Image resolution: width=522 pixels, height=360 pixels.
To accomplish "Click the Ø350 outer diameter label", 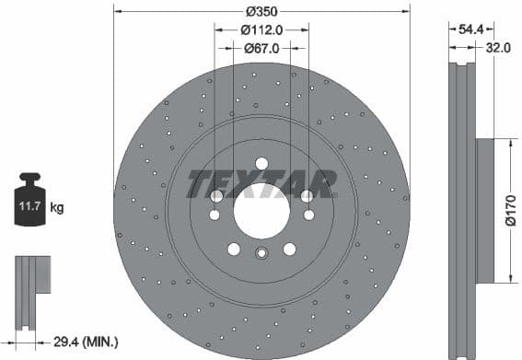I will [x=261, y=12].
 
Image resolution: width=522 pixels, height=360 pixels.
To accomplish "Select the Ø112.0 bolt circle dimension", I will [x=261, y=29].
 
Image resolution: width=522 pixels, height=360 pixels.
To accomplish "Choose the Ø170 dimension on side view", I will [x=512, y=212].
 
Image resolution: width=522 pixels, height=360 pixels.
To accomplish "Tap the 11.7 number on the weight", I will [x=26, y=208].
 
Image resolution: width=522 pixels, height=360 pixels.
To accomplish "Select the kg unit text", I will [x=57, y=208].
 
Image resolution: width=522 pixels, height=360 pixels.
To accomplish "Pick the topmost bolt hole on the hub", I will [x=261, y=163].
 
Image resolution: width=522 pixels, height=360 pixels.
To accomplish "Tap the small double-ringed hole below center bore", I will [x=261, y=256].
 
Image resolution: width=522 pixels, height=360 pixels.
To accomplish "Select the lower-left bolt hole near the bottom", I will [x=233, y=249].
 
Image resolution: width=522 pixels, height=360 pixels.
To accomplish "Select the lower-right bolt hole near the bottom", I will [x=290, y=249].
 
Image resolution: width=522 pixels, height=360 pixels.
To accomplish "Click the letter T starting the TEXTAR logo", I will [x=198, y=183].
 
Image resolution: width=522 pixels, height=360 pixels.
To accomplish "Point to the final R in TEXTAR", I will [x=323, y=183].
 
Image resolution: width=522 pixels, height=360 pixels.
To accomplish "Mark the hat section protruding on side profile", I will [x=485, y=211].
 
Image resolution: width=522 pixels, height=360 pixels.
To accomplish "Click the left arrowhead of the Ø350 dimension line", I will [x=118, y=12].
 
